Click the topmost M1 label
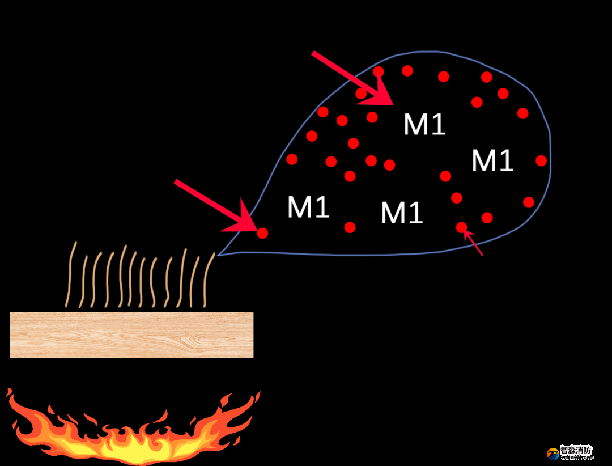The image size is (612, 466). tap(424, 124)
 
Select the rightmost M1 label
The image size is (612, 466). tap(492, 160)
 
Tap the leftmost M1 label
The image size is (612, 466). tap(308, 207)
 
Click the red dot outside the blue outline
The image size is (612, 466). tap(262, 232)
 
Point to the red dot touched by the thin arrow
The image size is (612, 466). tap(461, 227)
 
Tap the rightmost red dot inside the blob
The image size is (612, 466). tap(541, 160)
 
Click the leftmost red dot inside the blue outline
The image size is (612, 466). tap(292, 159)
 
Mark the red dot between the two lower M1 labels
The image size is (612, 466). tap(350, 227)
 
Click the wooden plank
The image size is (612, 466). tap(131, 335)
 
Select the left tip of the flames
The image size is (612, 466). tap(8, 391)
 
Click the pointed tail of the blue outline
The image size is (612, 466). tap(219, 255)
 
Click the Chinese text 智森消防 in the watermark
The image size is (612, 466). tap(576, 451)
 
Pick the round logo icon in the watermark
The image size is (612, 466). tap(553, 454)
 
